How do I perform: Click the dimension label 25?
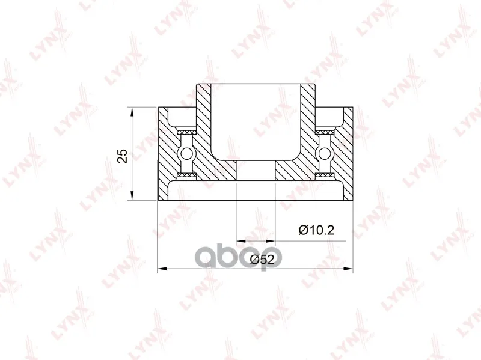coord(123,156)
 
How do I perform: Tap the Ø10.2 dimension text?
coord(316,230)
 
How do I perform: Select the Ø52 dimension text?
coord(262,260)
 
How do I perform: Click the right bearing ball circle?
coord(325,153)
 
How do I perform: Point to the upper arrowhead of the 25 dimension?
coord(132,112)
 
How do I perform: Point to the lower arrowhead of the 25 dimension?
coord(132,196)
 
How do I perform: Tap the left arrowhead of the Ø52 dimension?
coord(162,269)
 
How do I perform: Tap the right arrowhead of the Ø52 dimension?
coord(348,269)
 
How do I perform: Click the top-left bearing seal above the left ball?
coord(187,132)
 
